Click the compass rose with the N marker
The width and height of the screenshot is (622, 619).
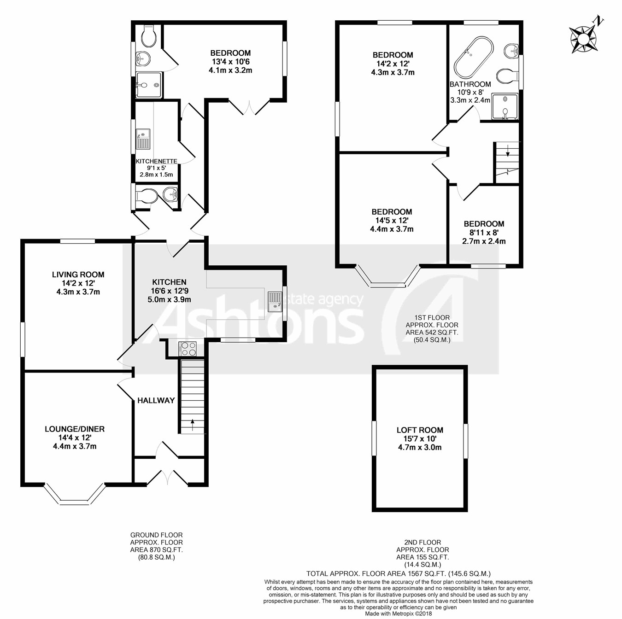(x=584, y=39)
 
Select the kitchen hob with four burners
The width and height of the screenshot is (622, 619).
(x=188, y=349)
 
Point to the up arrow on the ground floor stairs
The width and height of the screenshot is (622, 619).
(x=193, y=425)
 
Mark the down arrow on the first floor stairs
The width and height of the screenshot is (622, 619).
(x=508, y=151)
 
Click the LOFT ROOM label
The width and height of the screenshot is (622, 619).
(x=420, y=430)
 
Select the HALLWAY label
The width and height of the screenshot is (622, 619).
(x=156, y=401)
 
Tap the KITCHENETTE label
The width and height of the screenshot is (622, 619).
(x=156, y=161)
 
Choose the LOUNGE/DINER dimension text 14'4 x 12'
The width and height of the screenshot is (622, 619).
(x=75, y=438)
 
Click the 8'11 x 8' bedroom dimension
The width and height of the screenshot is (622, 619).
(x=484, y=233)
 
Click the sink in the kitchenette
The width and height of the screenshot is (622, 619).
(x=143, y=139)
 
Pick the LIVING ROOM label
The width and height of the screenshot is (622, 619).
(x=78, y=274)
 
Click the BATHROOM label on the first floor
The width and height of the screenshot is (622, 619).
(x=470, y=84)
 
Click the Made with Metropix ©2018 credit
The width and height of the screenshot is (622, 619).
(x=399, y=614)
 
